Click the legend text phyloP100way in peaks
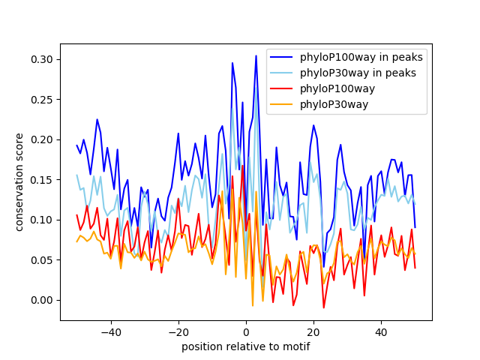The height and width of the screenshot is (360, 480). point(361,57)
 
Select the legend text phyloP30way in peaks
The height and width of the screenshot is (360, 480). point(358,73)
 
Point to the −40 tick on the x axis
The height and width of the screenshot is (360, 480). point(110,331)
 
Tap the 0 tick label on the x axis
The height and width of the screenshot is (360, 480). point(246,331)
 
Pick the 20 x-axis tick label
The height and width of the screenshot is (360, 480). point(313,331)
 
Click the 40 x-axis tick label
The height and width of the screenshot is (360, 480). point(381,331)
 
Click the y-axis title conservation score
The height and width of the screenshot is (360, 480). point(20,182)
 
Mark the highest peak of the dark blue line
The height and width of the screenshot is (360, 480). point(256,55)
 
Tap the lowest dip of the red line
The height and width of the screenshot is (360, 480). point(324,307)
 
